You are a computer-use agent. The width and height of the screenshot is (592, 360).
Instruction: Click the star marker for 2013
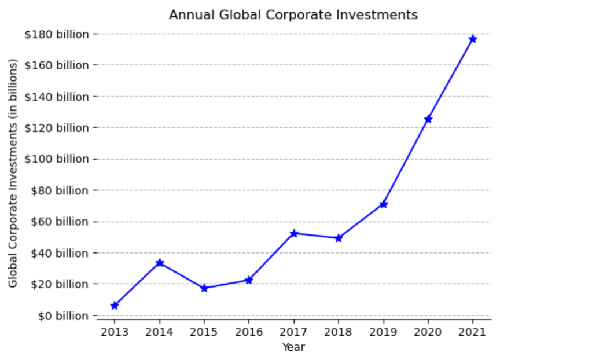coord(115,305)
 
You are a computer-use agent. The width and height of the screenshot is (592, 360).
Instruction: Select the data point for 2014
coord(160,263)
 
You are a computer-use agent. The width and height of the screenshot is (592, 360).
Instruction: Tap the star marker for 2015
coord(204,288)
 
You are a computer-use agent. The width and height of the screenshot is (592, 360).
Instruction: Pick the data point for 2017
coord(294,233)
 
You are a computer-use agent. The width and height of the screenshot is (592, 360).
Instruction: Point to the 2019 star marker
coord(383,204)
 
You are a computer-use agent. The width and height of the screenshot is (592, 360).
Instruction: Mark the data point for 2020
coord(428,119)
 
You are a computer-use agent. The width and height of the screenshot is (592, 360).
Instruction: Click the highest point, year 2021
coord(473,39)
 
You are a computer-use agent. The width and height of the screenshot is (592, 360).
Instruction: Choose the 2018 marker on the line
coord(339,238)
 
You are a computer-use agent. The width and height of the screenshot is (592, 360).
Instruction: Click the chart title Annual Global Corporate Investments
coord(293,15)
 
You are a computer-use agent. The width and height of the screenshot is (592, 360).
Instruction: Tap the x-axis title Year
coord(293,347)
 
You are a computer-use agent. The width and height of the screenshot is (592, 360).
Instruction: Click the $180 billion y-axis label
coord(57,34)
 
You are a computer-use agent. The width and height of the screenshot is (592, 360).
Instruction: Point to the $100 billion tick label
coord(57,159)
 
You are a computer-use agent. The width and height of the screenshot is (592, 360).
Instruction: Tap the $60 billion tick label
coord(60,222)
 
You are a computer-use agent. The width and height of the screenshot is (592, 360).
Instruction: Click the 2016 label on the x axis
coord(249,332)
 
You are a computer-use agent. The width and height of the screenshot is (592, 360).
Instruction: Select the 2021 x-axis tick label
coord(473,332)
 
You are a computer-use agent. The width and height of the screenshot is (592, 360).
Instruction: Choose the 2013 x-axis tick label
coord(115,332)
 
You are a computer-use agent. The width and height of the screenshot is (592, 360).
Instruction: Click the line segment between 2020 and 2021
coord(451,79)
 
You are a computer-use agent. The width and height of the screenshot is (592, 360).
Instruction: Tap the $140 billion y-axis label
coord(57,97)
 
